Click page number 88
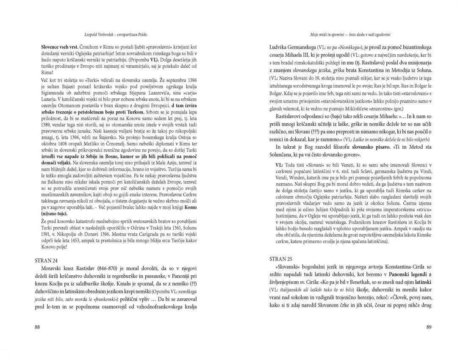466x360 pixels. click(38, 327)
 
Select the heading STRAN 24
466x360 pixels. click(47, 261)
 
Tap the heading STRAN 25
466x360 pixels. click(280, 258)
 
